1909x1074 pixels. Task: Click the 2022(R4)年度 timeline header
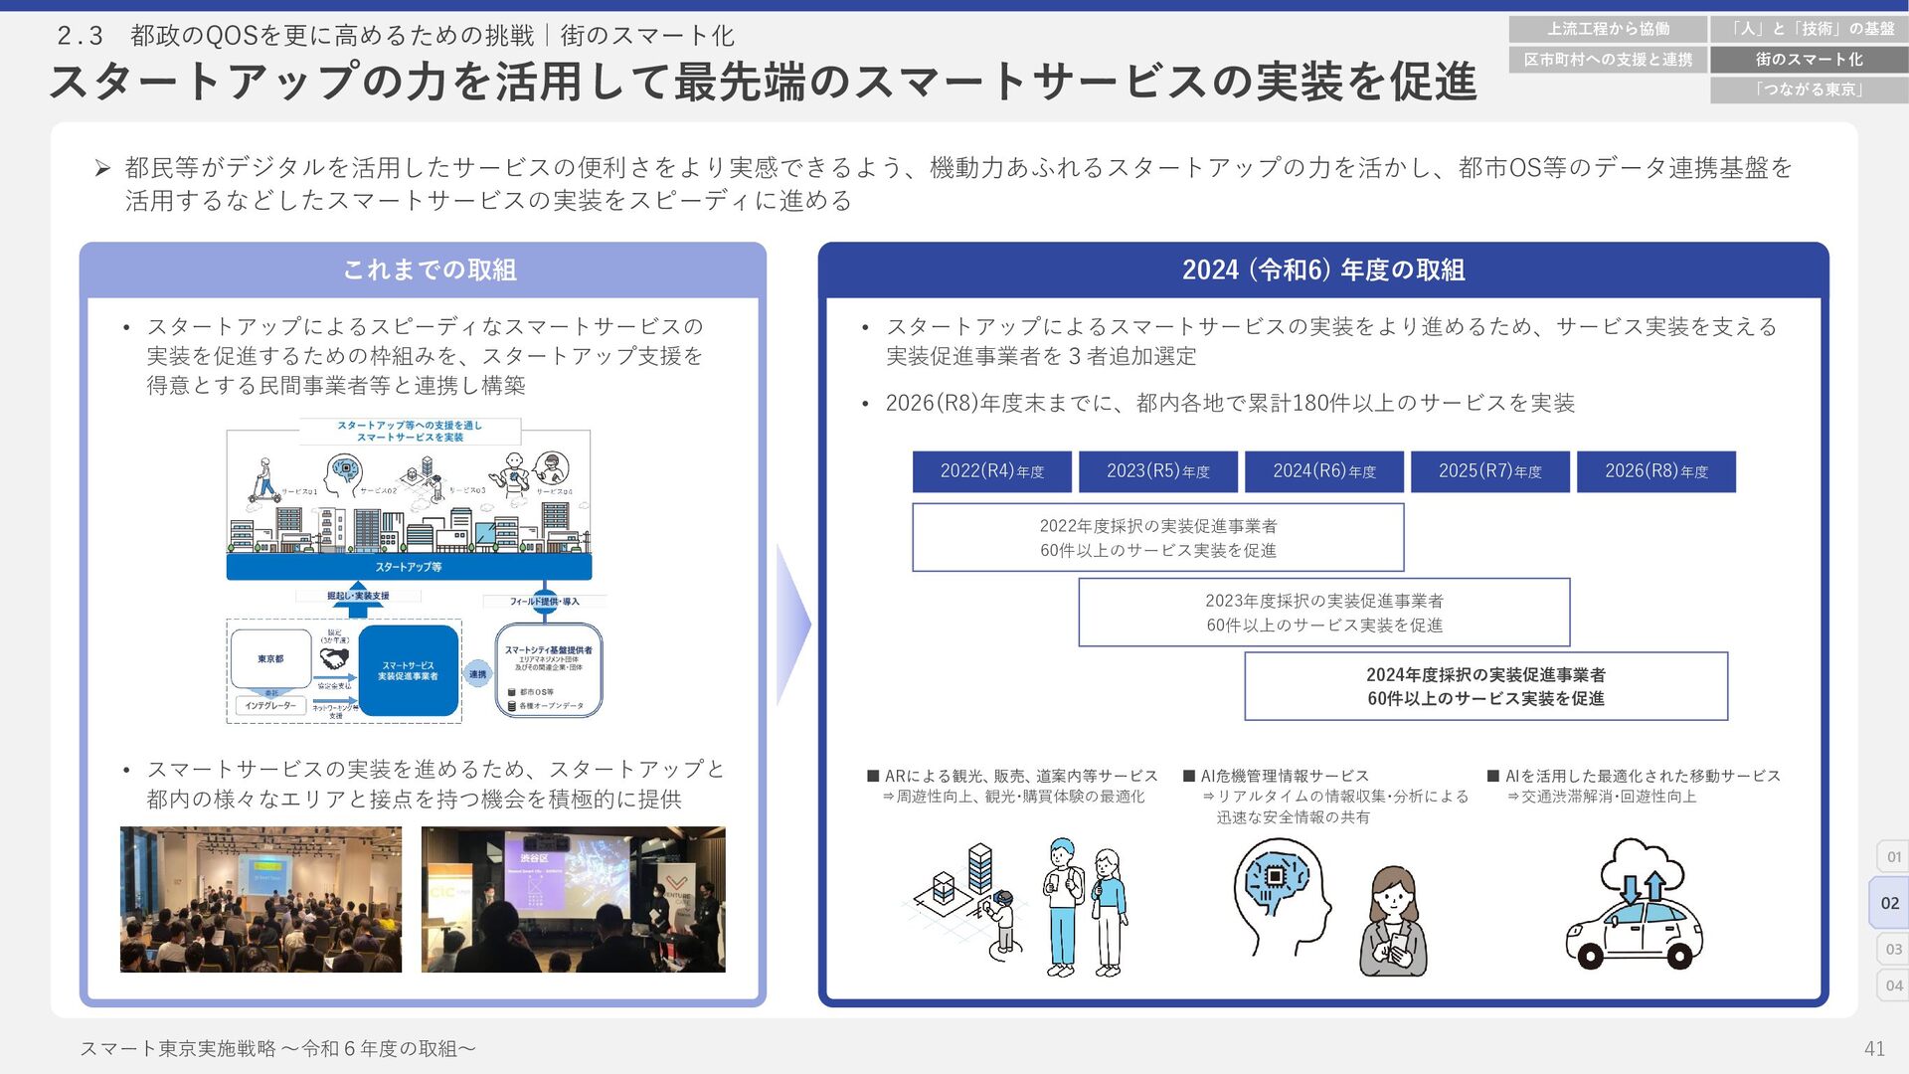(991, 471)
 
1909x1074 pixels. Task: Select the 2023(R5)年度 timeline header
(1157, 471)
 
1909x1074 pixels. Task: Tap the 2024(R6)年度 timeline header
(1323, 471)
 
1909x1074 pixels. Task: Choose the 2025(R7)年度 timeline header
(1489, 471)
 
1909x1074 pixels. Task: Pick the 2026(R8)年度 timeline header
(1655, 471)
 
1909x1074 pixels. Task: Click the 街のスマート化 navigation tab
(1809, 60)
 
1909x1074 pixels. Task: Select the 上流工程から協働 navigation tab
(1608, 29)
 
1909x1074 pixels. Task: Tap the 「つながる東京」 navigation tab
(1809, 89)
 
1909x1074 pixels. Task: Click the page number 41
(1874, 1048)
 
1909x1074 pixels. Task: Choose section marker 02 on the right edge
(1889, 903)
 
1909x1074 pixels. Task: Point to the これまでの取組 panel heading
(429, 269)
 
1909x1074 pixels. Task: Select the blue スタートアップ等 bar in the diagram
(409, 567)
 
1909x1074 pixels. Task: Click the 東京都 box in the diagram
(270, 658)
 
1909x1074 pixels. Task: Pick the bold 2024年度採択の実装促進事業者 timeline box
(1485, 686)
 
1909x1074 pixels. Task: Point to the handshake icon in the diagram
(335, 659)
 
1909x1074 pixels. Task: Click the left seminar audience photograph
(260, 899)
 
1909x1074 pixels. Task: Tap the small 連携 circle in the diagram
(478, 674)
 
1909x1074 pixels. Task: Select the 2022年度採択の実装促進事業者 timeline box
(1157, 537)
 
